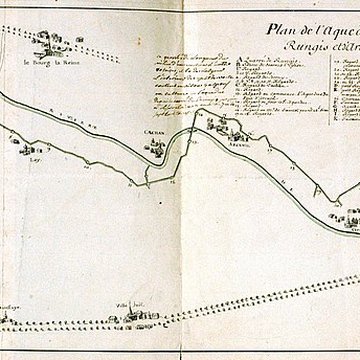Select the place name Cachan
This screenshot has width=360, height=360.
[156, 134]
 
